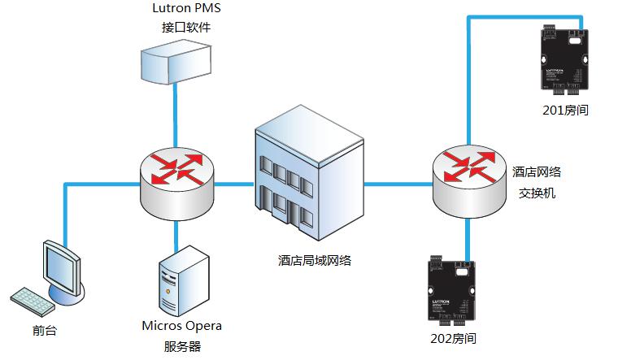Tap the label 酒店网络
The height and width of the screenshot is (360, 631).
(x=537, y=172)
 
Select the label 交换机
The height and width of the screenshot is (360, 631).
(x=537, y=194)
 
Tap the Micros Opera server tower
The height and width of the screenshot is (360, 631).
(x=177, y=280)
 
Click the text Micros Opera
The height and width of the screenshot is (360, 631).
(x=181, y=326)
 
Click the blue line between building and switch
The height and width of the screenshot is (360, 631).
(x=396, y=184)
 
